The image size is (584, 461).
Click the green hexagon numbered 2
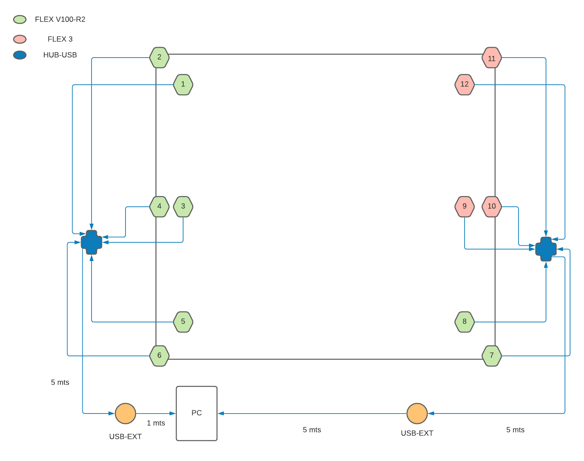pyautogui.click(x=159, y=58)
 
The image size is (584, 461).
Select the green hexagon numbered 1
pyautogui.click(x=183, y=85)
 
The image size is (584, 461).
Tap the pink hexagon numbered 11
pyautogui.click(x=492, y=58)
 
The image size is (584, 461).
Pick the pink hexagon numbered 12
pyautogui.click(x=465, y=85)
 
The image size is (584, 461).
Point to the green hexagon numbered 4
pyautogui.click(x=159, y=206)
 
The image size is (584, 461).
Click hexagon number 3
pyautogui.click(x=183, y=206)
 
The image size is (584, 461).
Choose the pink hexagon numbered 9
pyautogui.click(x=465, y=206)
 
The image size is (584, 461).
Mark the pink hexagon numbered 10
pyautogui.click(x=492, y=206)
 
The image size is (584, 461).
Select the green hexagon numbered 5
pyautogui.click(x=183, y=322)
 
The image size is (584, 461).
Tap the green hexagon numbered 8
pyautogui.click(x=465, y=322)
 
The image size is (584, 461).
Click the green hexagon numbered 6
pyautogui.click(x=159, y=356)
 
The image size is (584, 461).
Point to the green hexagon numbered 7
pyautogui.click(x=492, y=356)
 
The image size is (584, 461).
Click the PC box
pyautogui.click(x=197, y=413)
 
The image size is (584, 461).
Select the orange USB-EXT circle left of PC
pyautogui.click(x=125, y=413)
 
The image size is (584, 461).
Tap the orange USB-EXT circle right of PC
pyautogui.click(x=417, y=413)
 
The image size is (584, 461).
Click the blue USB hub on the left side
pyautogui.click(x=92, y=242)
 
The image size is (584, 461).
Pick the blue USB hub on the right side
pyautogui.click(x=546, y=249)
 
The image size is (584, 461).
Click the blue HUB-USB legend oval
pyautogui.click(x=20, y=55)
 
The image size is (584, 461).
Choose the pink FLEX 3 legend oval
pyautogui.click(x=20, y=39)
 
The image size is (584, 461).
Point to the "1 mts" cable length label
pyautogui.click(x=156, y=423)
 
